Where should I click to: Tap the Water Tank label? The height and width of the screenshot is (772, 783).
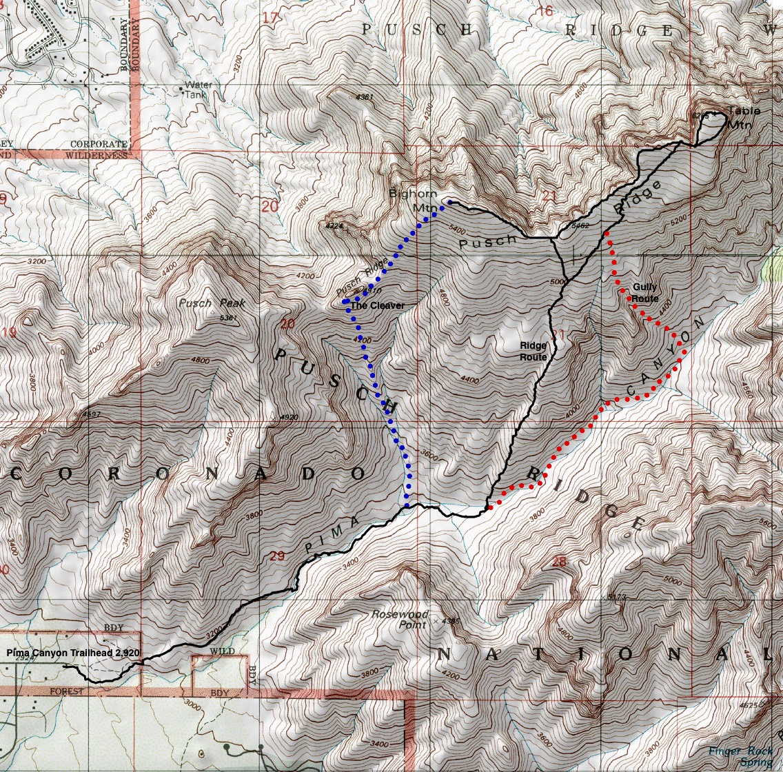[198, 90]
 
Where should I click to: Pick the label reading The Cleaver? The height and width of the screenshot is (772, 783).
[377, 305]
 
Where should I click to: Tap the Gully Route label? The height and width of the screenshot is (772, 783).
[644, 293]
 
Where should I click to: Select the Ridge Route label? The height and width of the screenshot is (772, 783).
[533, 352]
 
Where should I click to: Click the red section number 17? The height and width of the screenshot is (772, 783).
[272, 17]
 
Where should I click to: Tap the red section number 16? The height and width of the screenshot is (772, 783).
[545, 11]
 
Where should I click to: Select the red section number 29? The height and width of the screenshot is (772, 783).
[277, 556]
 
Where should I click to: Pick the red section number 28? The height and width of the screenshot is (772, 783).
[558, 562]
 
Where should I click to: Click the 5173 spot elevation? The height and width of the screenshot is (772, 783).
[612, 596]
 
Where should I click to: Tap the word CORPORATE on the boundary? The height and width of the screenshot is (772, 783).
[99, 144]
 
